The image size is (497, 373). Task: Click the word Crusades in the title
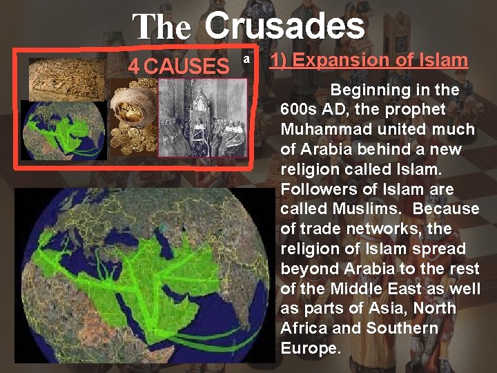(x=284, y=26)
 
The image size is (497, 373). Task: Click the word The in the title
(x=163, y=28)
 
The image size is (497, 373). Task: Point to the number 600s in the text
(x=302, y=109)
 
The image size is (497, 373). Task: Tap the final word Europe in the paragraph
(x=311, y=348)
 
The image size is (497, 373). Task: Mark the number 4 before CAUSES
(x=135, y=67)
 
